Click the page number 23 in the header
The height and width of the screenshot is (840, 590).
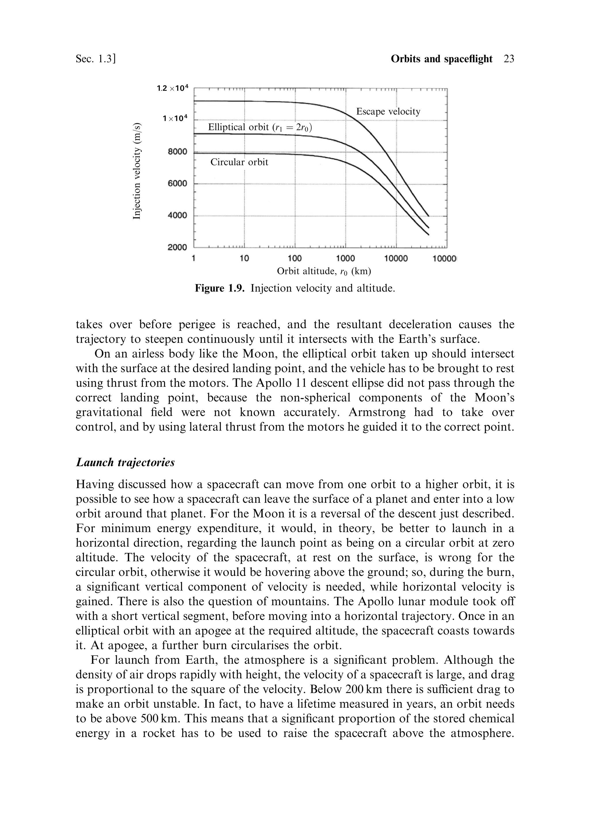coord(508,59)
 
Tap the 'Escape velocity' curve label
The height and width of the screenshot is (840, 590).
coord(388,111)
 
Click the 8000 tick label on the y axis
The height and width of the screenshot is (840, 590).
coord(177,152)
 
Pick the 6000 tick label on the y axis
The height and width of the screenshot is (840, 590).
coord(177,183)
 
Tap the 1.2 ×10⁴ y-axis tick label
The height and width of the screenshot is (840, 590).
coord(172,88)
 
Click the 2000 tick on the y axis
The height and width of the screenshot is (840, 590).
coord(177,247)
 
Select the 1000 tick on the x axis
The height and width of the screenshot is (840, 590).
coord(345,259)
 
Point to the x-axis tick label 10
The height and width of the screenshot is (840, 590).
coord(244,259)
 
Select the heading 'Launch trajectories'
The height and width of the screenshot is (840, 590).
coord(125,463)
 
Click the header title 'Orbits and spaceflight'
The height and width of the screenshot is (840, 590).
coord(442,59)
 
